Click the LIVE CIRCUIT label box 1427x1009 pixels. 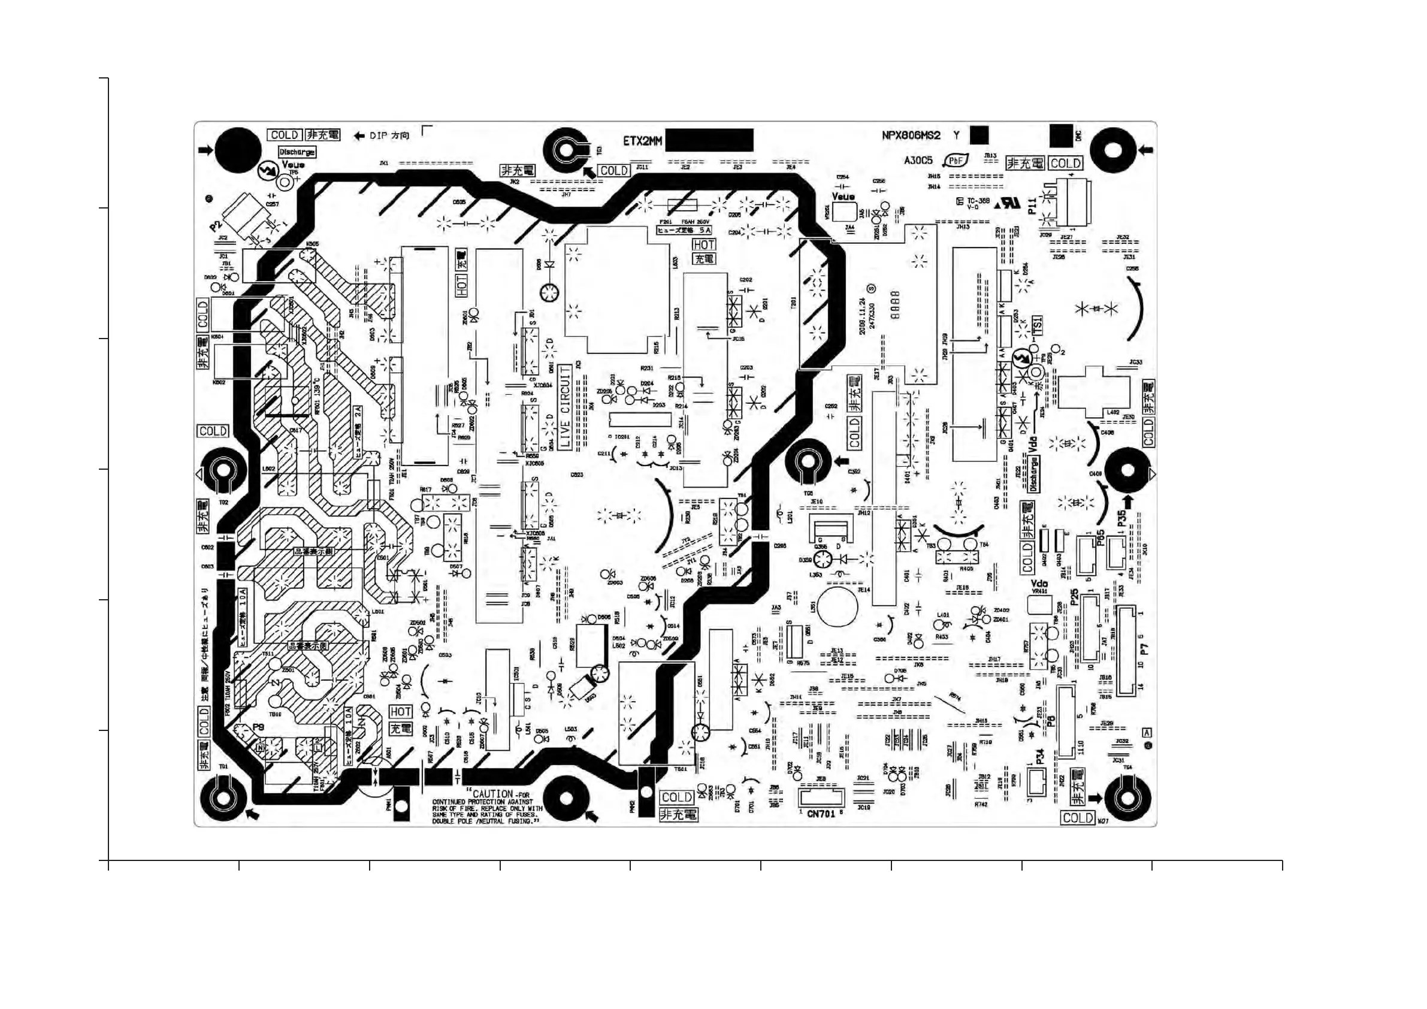tap(565, 408)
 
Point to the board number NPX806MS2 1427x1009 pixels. tap(911, 135)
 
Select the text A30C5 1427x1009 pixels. tap(918, 161)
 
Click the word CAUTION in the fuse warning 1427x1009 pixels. tap(493, 794)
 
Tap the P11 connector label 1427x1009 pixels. tap(1032, 206)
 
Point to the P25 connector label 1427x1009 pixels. tap(1075, 598)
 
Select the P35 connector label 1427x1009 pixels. tap(1121, 519)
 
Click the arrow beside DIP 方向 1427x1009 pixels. tap(358, 136)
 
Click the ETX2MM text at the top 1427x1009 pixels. tap(643, 141)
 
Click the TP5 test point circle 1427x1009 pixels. tap(285, 183)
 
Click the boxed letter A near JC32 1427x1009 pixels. tap(1147, 733)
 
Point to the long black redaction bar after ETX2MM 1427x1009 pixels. tap(709, 140)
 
